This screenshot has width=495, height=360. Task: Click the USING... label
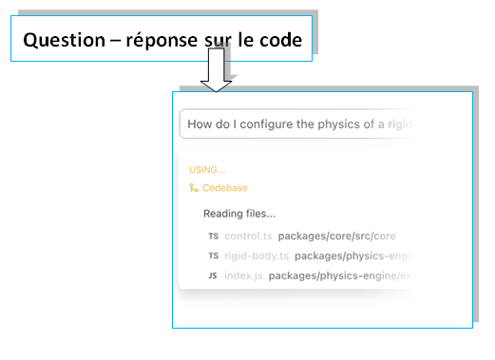(207, 170)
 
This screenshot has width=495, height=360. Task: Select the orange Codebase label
(224, 188)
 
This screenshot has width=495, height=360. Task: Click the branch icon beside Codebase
(194, 188)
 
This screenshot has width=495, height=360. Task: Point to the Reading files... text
(239, 214)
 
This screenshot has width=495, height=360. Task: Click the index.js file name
(243, 275)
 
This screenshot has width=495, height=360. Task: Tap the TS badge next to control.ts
(212, 236)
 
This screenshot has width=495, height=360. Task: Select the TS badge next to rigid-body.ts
(212, 256)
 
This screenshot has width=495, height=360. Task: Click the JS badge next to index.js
(212, 275)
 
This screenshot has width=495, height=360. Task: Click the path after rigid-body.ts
(353, 256)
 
